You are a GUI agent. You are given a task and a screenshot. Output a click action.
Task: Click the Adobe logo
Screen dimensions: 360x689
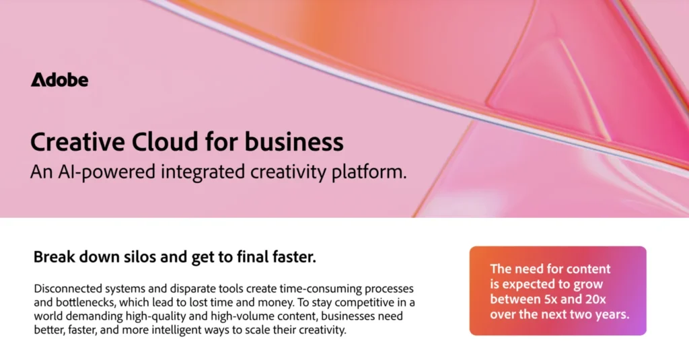pos(59,80)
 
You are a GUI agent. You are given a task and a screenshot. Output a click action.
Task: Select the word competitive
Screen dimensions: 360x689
pos(349,302)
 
